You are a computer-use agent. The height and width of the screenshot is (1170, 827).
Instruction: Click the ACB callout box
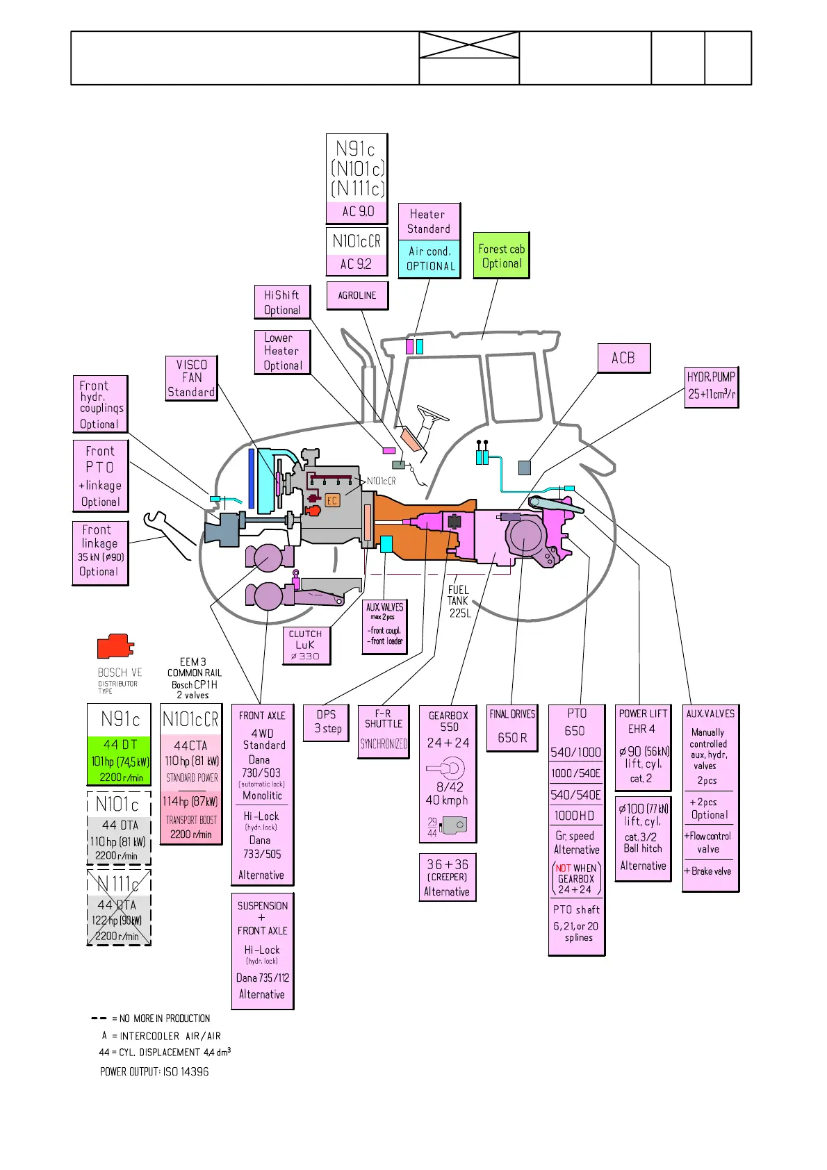(624, 359)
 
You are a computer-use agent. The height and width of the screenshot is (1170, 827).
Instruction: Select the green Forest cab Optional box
(501, 256)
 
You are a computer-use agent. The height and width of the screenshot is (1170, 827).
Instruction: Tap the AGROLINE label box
(357, 295)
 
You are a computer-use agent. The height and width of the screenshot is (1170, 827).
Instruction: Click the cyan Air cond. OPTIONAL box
(429, 259)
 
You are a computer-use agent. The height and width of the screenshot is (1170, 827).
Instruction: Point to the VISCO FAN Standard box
(191, 378)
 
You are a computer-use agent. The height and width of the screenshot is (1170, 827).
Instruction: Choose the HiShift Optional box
(282, 302)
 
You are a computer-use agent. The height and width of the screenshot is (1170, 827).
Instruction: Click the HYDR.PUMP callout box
(711, 386)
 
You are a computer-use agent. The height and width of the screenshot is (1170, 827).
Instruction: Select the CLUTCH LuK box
(306, 645)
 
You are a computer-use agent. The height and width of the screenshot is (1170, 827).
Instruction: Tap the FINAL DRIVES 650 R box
(512, 727)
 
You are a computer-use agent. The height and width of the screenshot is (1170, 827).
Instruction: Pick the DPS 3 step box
(326, 722)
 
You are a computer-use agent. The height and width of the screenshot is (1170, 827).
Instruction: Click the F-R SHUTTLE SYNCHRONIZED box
(383, 731)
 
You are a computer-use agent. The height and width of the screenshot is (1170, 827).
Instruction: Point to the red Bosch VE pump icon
(115, 646)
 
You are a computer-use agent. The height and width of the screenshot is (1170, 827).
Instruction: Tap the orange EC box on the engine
(332, 500)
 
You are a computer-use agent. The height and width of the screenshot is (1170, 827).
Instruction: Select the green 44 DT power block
(120, 761)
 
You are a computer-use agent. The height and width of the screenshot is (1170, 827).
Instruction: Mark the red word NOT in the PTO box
(563, 868)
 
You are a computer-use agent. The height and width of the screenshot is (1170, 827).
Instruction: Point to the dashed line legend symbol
(99, 1019)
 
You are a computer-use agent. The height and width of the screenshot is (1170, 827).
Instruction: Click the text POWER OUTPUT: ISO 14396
(154, 1072)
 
